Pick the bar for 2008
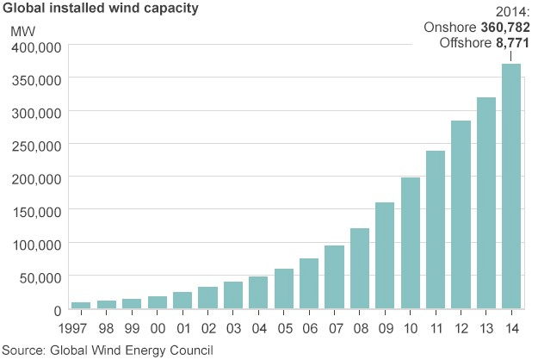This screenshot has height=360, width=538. (359, 268)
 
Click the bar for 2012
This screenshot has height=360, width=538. (461, 214)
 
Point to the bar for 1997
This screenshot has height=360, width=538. (81, 305)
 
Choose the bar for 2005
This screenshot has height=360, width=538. (283, 289)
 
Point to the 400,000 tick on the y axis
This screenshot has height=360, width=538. (35, 47)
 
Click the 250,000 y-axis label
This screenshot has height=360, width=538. (35, 146)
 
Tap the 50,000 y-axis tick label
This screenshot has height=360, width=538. (39, 277)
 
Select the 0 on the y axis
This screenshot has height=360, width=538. (56, 310)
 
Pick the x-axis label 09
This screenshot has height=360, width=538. (385, 328)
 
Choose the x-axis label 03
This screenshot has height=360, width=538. (232, 328)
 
